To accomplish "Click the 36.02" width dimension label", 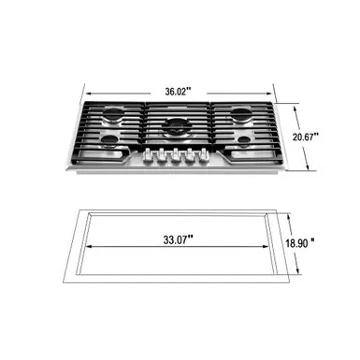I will click(179, 91).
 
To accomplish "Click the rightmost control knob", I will click(198, 156).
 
